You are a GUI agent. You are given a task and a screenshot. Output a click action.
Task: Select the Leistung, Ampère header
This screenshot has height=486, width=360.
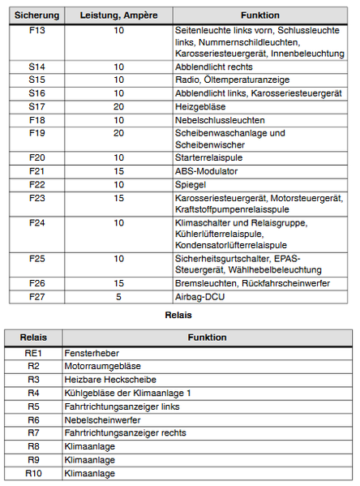click(x=118, y=15)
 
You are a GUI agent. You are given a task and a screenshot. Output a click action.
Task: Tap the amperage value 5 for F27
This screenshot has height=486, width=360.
click(x=118, y=297)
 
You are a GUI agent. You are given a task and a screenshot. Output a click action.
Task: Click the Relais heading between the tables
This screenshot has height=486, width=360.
click(x=178, y=315)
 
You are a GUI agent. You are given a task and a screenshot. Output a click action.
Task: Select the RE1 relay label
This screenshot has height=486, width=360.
click(x=33, y=354)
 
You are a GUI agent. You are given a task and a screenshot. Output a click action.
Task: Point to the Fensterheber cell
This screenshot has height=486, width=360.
click(x=89, y=354)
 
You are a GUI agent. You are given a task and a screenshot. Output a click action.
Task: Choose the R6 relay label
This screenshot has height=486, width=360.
click(x=33, y=420)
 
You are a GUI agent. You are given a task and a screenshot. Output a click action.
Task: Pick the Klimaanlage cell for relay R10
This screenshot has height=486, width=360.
click(x=89, y=473)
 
